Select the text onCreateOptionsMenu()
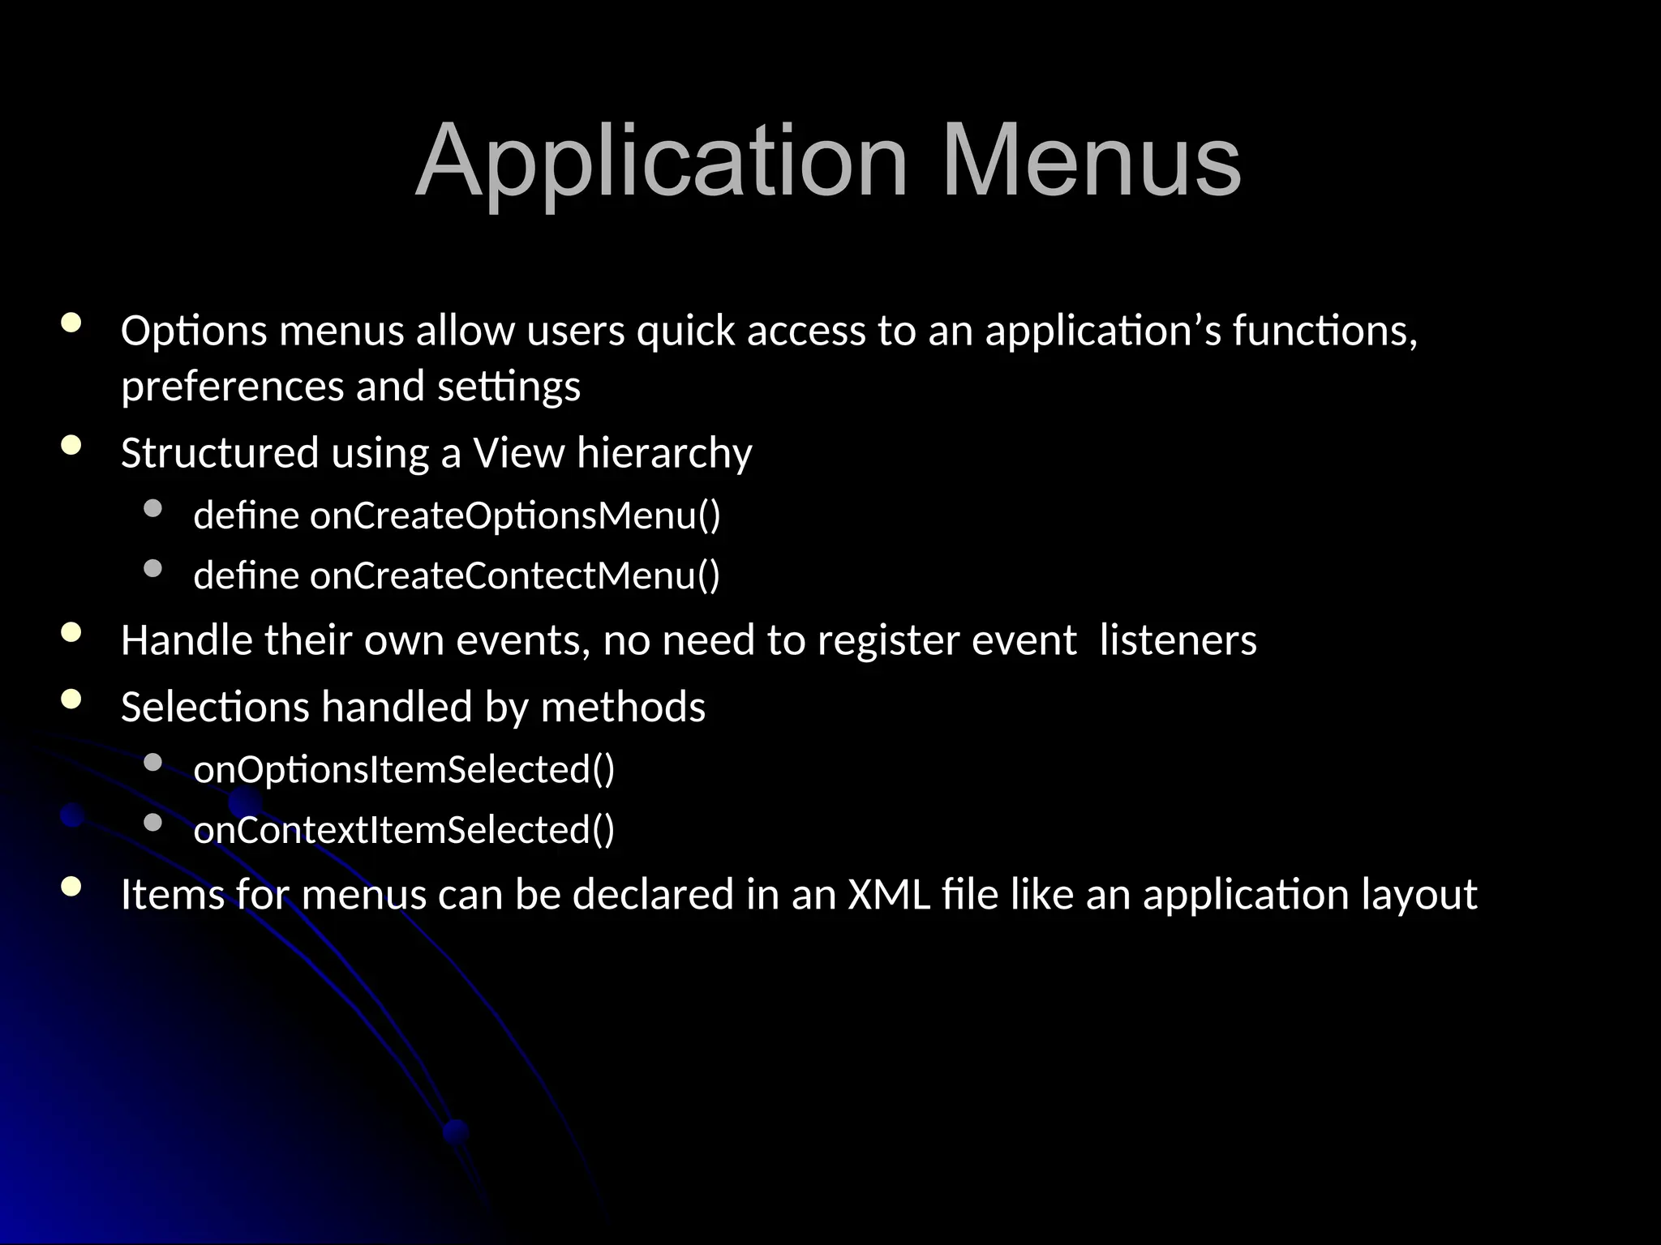click(x=515, y=516)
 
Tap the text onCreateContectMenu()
click(x=515, y=575)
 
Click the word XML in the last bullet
click(x=889, y=894)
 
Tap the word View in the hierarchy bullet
click(x=518, y=452)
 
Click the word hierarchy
click(x=664, y=452)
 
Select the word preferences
click(x=232, y=386)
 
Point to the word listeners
click(x=1178, y=640)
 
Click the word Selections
click(x=215, y=707)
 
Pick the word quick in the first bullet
click(x=685, y=331)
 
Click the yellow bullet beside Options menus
click(x=71, y=323)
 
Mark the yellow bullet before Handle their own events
click(x=71, y=632)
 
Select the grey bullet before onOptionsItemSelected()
click(x=152, y=762)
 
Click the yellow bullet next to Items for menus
click(x=71, y=886)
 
